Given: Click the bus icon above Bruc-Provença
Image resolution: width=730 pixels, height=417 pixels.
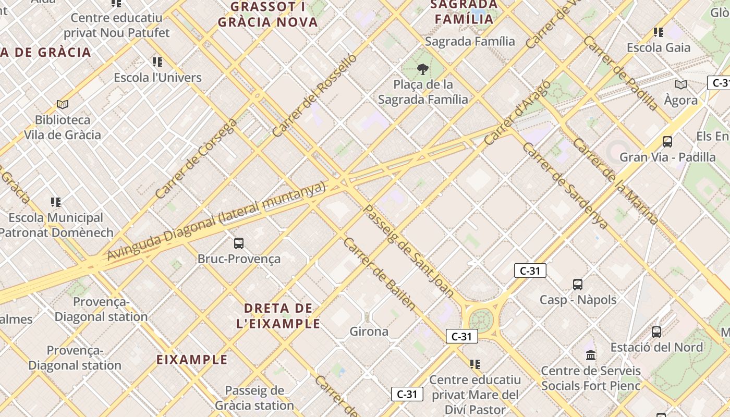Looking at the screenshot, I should (x=239, y=243).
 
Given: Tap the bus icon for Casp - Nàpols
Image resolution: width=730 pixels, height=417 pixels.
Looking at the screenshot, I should (x=578, y=284).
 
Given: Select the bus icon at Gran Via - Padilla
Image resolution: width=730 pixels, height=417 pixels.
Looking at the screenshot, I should (x=667, y=141).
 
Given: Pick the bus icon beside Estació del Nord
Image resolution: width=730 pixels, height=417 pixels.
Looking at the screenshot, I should (x=656, y=332).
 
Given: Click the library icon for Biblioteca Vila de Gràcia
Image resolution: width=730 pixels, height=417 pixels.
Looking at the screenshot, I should (x=63, y=104).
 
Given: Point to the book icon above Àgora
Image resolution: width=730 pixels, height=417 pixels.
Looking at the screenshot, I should (x=681, y=84).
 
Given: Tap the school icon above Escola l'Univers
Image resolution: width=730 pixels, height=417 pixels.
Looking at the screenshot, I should (x=157, y=62).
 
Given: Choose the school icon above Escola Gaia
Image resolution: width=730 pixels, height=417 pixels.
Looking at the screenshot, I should (x=659, y=32).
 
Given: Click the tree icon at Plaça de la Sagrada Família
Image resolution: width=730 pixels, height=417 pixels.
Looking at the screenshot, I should (x=423, y=69).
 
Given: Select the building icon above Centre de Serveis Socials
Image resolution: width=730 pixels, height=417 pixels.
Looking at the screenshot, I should (x=591, y=355).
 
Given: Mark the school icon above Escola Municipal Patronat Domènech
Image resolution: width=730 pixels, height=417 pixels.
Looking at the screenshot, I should (x=56, y=202).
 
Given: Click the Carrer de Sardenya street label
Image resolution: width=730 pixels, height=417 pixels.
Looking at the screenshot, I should (x=565, y=186).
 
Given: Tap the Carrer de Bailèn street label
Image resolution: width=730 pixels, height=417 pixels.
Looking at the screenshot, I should (x=380, y=274).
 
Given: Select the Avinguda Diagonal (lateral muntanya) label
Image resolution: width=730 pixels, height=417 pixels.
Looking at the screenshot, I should (x=216, y=222).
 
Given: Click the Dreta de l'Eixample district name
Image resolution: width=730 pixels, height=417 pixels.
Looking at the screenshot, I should (x=278, y=315).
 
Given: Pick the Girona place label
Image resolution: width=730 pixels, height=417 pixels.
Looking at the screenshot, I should (x=369, y=332).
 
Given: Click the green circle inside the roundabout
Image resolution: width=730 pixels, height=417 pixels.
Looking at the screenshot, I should (x=481, y=319).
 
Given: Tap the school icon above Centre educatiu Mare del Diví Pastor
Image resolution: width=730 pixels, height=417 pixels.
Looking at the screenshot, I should (x=475, y=364).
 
